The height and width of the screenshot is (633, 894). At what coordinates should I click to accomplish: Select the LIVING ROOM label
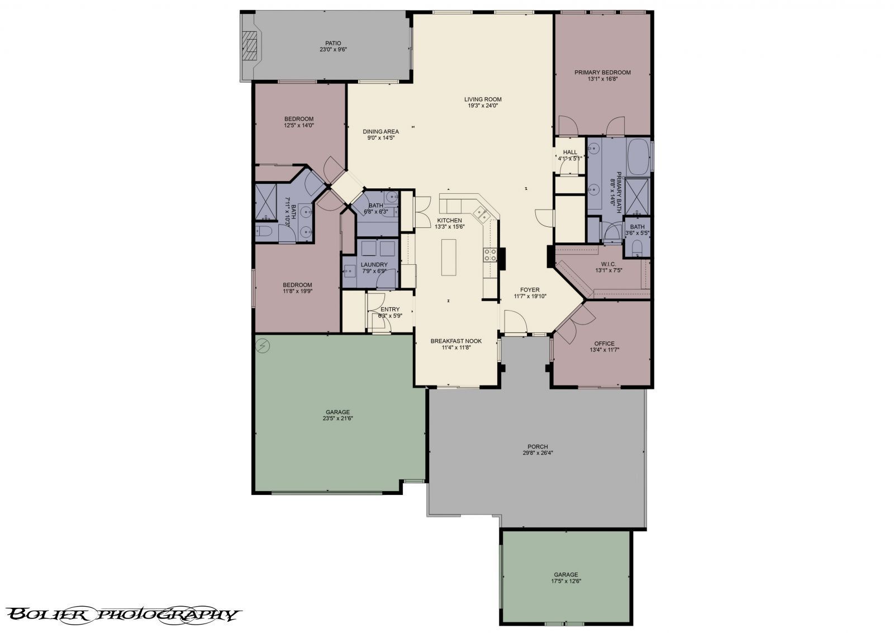(x=483, y=99)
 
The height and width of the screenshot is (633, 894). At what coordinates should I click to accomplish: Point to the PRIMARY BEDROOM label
(x=602, y=72)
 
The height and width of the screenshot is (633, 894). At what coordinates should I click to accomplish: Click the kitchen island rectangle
(x=448, y=257)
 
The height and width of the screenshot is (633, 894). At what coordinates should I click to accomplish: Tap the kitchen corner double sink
(x=482, y=213)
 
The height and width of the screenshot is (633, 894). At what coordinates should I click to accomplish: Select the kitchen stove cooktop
(x=490, y=255)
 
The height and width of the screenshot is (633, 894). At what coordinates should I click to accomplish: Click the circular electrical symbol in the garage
(x=263, y=346)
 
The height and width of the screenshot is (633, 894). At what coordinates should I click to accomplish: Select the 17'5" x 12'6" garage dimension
(x=565, y=580)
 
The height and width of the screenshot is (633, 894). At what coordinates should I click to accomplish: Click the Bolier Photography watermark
(x=124, y=615)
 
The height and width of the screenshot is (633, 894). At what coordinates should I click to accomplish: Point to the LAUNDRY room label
(x=374, y=264)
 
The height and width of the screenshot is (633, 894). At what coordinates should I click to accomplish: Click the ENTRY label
(x=390, y=309)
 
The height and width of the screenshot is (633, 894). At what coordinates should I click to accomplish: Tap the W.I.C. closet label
(x=608, y=264)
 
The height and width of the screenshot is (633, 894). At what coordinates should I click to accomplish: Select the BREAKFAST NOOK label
(x=456, y=341)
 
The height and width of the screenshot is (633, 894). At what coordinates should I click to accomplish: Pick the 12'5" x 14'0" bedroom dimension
(x=298, y=125)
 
